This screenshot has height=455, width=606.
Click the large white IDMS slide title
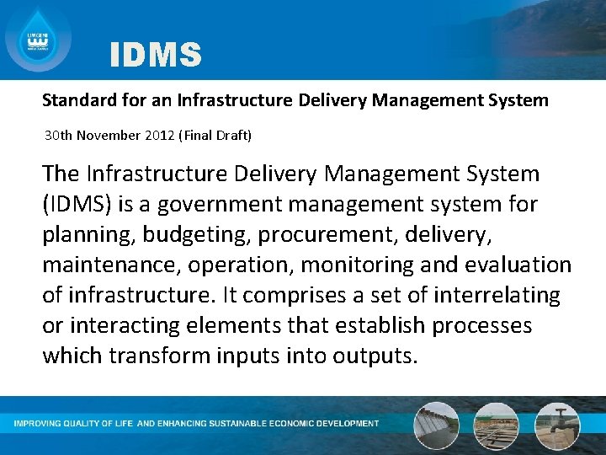[156, 56]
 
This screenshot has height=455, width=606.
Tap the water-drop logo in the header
[38, 38]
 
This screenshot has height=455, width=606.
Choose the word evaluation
[518, 265]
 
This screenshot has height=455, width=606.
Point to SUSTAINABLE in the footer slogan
[241, 423]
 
